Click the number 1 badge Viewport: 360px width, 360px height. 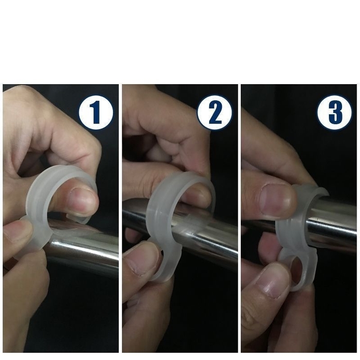pyautogui.click(x=96, y=112)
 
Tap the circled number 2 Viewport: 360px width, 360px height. pyautogui.click(x=215, y=112)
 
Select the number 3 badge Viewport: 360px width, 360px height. pyautogui.click(x=334, y=112)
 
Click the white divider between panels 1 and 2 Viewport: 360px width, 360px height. pyautogui.click(x=120, y=218)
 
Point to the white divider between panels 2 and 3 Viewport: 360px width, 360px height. pyautogui.click(x=239, y=218)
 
